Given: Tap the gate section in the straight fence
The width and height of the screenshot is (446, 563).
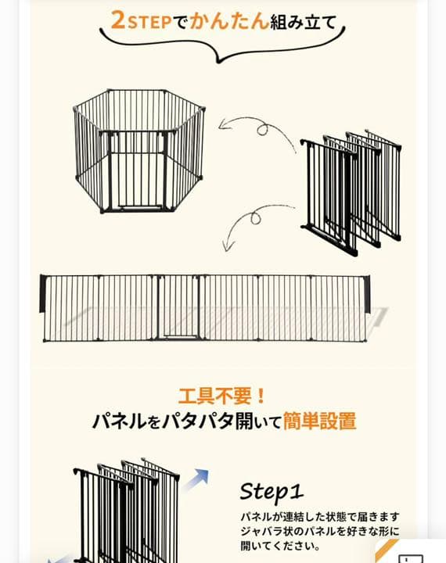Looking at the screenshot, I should pyautogui.click(x=178, y=308).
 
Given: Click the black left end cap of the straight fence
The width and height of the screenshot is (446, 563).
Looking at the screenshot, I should pyautogui.click(x=45, y=296).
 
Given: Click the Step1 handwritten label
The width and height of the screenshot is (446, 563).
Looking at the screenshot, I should pyautogui.click(x=271, y=491).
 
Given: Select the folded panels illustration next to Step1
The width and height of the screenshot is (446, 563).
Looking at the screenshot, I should pyautogui.click(x=125, y=512).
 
